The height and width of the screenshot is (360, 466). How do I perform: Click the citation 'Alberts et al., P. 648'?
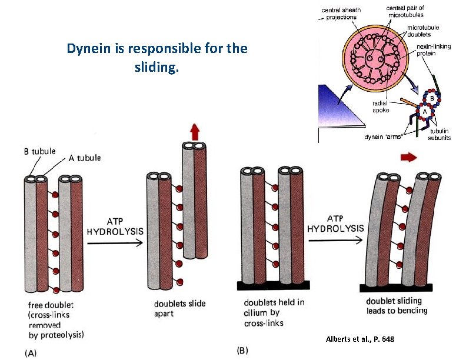click(x=360, y=339)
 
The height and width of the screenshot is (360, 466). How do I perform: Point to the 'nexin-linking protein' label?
click(x=434, y=51)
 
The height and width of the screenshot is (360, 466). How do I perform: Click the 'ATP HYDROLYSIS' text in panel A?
click(x=115, y=226)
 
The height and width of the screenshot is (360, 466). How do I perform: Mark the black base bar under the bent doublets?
click(x=395, y=288)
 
